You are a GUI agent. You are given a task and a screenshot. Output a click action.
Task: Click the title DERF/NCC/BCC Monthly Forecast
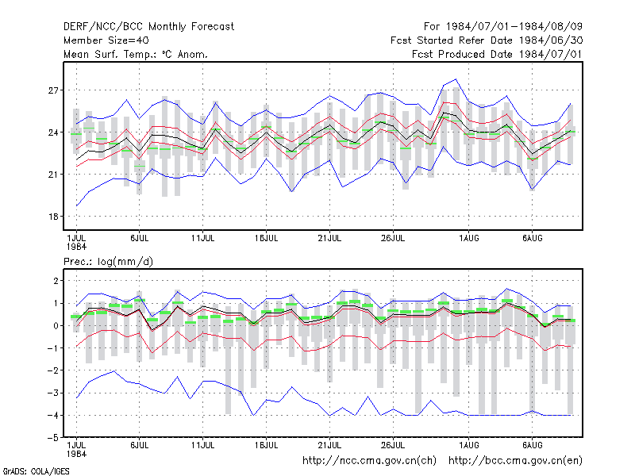(148, 27)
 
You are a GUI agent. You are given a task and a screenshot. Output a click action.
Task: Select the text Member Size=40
(106, 40)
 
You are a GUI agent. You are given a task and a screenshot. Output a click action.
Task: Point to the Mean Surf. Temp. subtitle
(135, 54)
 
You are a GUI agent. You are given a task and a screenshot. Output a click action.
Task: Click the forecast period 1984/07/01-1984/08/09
(503, 27)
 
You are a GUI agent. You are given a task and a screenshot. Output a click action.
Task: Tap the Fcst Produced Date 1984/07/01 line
(498, 54)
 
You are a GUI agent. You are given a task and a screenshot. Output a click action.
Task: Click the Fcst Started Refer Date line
(487, 40)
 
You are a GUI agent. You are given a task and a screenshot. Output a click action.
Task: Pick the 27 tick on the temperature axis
(53, 90)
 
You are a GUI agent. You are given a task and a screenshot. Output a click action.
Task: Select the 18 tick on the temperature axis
(53, 217)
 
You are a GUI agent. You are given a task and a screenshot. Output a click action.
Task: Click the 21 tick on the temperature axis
(53, 175)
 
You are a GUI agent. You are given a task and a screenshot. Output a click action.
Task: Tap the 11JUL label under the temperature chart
(203, 239)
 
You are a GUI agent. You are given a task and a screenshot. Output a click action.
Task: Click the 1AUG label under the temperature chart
(469, 239)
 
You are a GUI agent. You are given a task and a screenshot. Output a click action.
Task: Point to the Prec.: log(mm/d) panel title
(108, 262)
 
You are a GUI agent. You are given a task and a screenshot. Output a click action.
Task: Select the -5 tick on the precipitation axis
(53, 438)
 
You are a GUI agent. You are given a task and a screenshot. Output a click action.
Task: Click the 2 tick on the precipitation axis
(56, 281)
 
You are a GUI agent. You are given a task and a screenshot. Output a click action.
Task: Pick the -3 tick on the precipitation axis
(53, 393)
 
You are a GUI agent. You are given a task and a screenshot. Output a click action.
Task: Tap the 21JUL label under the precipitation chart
(329, 445)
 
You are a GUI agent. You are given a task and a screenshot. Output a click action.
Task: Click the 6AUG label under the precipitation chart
(532, 445)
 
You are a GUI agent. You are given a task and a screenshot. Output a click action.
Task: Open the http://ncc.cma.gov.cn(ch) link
(369, 461)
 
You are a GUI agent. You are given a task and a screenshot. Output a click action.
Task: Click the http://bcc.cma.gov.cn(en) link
(515, 461)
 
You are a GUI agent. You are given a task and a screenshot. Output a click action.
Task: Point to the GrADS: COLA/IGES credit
(36, 471)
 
